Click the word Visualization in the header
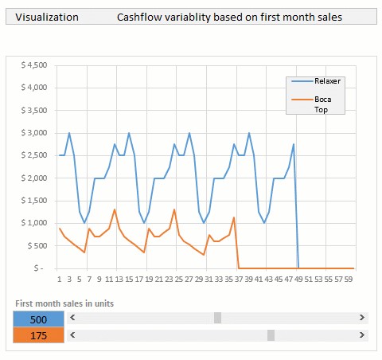[46, 16]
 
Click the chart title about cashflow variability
[229, 16]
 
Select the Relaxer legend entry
[327, 81]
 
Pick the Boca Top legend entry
[322, 104]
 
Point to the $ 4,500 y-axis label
[34, 65]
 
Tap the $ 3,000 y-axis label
[34, 133]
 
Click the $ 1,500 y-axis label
[34, 201]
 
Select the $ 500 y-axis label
[37, 246]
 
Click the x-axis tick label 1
[59, 280]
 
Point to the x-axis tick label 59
[348, 280]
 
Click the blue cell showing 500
[37, 319]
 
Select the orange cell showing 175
[37, 335]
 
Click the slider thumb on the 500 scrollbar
[217, 319]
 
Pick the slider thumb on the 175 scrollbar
[271, 335]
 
